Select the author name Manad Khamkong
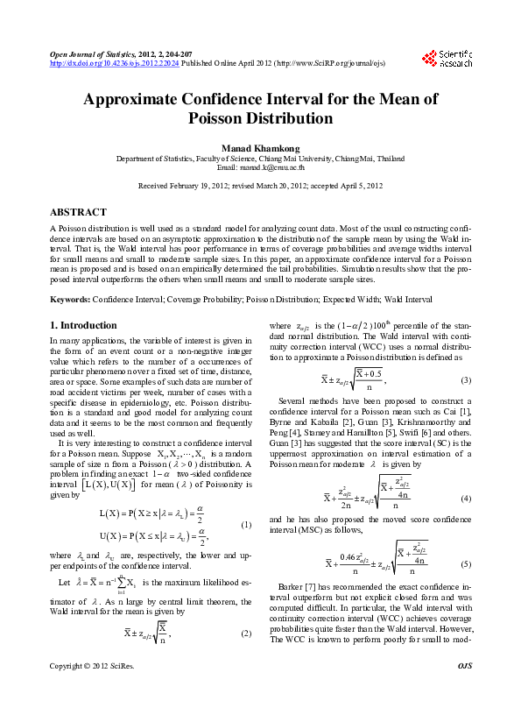point(260,147)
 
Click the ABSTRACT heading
point(78,213)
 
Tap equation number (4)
point(466,498)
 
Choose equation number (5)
point(466,564)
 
